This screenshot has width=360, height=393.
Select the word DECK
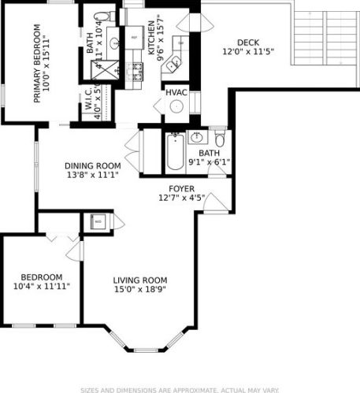248,43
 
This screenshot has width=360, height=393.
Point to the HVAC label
176,93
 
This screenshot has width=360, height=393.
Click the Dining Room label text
93,166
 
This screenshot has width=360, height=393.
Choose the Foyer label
181,189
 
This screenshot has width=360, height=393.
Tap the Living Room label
140,280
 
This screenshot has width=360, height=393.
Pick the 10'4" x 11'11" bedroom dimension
42,287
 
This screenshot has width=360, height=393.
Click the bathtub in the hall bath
173,154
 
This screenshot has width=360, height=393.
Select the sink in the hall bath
196,139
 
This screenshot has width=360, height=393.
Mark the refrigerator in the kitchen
134,37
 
